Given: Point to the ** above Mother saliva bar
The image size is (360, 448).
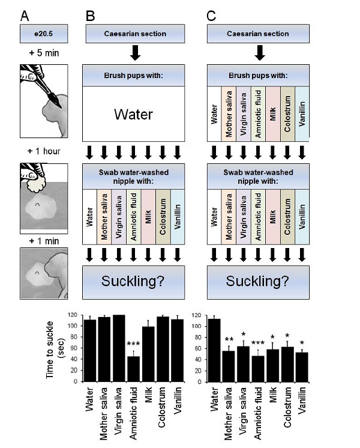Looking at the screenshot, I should coord(229,339).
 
